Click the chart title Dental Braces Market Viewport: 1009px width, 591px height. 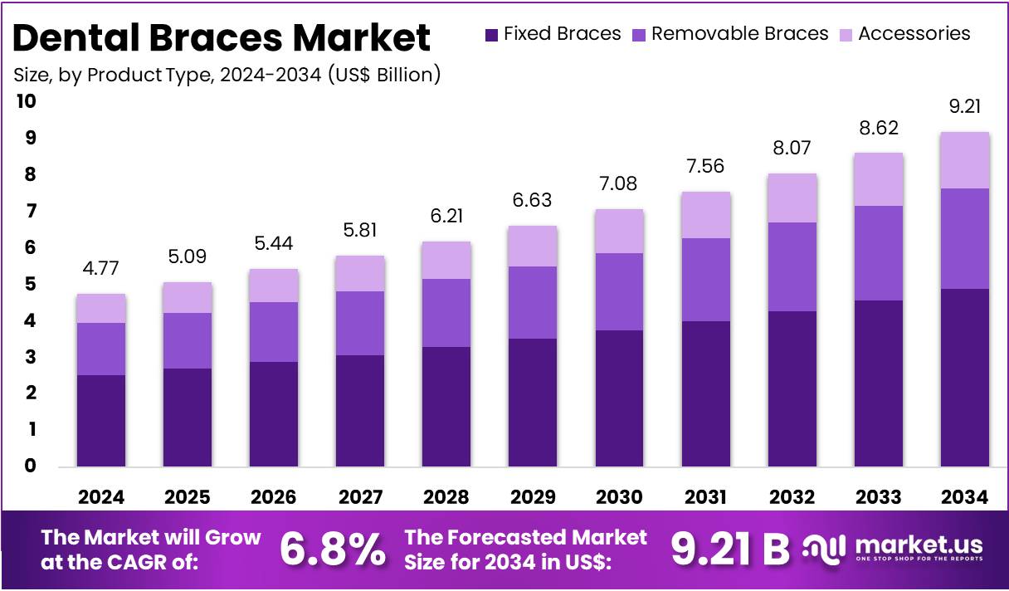pos(222,38)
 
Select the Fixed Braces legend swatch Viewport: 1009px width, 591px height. pos(491,34)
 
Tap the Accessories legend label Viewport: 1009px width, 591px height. pos(914,34)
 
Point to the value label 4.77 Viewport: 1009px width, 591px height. pos(100,269)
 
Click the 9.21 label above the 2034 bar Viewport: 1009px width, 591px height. pos(964,107)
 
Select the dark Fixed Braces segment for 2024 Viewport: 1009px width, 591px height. pos(100,420)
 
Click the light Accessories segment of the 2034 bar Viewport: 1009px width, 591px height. pos(964,160)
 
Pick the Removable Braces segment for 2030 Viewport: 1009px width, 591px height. pos(619,291)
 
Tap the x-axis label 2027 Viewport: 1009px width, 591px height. pos(360,497)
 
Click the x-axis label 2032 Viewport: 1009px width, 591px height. pos(792,497)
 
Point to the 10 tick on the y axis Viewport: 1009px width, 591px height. pos(27,101)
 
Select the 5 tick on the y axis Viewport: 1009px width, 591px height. pos(30,284)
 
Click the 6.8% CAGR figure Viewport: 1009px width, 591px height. pos(332,548)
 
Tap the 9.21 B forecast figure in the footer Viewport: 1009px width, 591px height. pos(729,548)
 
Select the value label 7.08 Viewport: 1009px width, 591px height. pos(619,183)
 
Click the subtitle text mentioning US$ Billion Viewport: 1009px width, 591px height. pos(227,75)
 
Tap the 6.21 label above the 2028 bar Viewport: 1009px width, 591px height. pos(446,216)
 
